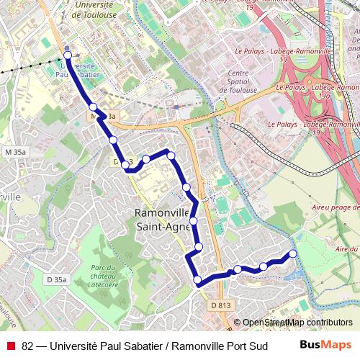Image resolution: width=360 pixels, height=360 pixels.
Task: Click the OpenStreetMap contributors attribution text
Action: pyautogui.click(x=297, y=323)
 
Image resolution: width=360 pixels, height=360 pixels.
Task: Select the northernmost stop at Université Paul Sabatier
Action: pyautogui.click(x=68, y=55)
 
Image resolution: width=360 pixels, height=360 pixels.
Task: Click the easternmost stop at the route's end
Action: pyautogui.click(x=293, y=253)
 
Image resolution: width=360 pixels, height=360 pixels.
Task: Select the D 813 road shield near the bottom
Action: pyautogui.click(x=222, y=305)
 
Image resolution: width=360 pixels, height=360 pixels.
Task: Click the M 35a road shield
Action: pyautogui.click(x=15, y=152)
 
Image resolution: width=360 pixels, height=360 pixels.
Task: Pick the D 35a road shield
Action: pyautogui.click(x=56, y=279)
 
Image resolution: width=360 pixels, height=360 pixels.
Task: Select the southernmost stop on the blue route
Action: pyautogui.click(x=197, y=280)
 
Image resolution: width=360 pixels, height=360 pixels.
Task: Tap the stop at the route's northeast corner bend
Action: pyautogui.click(x=171, y=154)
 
